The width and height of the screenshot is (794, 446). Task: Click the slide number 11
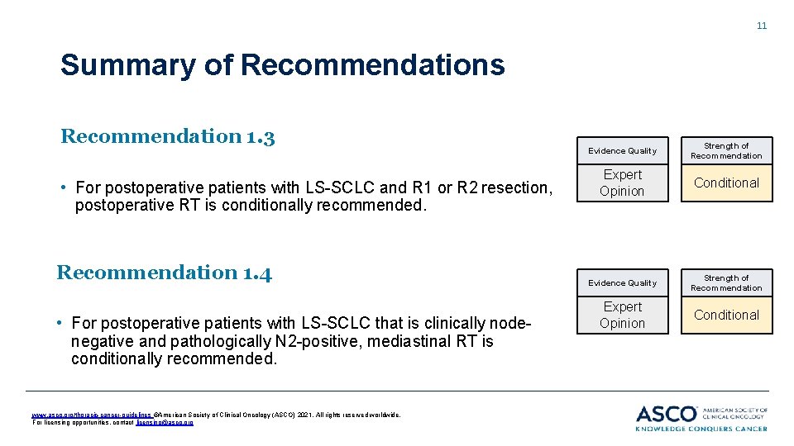point(762,26)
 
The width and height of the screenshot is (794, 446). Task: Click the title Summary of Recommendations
point(282,64)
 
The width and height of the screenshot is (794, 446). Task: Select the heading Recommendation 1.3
point(167,136)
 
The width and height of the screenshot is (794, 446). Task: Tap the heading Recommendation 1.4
point(164,272)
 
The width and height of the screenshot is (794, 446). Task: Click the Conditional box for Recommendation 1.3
point(726,183)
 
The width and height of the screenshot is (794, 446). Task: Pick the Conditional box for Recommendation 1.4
point(726,316)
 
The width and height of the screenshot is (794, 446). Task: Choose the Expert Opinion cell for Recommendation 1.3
point(622,183)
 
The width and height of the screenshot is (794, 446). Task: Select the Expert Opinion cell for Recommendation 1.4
point(622,316)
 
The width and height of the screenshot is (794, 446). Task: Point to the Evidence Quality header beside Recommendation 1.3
point(622,151)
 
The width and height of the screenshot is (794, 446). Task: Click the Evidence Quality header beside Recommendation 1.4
point(622,283)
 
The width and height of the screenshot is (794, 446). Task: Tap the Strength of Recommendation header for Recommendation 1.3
point(726,151)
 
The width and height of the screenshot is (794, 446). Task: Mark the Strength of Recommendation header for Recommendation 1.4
point(726,283)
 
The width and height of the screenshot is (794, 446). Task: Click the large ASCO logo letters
point(667,413)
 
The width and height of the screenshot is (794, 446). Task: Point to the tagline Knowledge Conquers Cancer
point(701,428)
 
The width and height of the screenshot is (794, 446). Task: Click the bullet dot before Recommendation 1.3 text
point(65,188)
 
